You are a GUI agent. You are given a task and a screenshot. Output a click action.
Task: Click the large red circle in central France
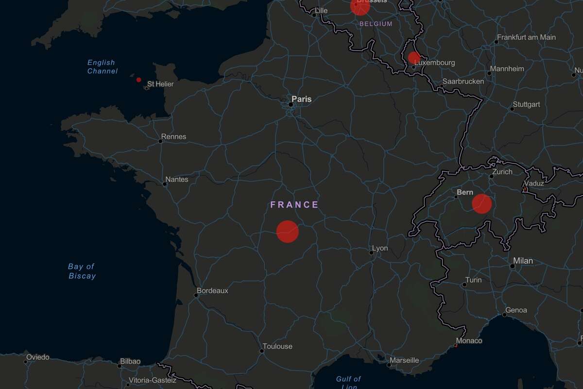tap(288, 231)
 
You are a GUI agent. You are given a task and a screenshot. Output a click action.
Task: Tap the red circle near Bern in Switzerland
tap(482, 204)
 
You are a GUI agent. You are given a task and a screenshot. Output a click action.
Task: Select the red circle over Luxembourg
tap(414, 58)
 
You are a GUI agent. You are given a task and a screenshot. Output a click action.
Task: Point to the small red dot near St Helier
tap(138, 80)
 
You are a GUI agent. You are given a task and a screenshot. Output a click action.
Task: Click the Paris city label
tap(301, 99)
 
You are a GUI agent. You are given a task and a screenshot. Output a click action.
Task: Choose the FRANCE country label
tap(294, 205)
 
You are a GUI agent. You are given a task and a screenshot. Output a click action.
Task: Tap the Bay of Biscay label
tap(82, 271)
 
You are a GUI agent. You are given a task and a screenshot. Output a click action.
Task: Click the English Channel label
tap(102, 67)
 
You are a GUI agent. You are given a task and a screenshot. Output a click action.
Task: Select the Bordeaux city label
tap(212, 291)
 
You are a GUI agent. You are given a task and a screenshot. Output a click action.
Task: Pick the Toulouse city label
tap(277, 347)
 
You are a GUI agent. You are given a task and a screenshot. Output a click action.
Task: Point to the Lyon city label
tap(380, 248)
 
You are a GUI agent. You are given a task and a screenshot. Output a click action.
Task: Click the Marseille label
tap(404, 361)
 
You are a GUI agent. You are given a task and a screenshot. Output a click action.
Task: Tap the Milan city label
tap(523, 261)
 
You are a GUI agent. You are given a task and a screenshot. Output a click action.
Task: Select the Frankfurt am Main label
tap(526, 37)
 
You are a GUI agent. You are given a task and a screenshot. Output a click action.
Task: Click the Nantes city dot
tap(164, 184)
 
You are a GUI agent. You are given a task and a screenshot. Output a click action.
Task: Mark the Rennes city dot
tap(160, 141)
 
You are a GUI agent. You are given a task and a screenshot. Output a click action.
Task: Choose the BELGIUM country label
tap(376, 23)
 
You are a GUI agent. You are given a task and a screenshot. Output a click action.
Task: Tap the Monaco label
tap(469, 341)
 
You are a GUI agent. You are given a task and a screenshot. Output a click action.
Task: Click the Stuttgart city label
tap(526, 105)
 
